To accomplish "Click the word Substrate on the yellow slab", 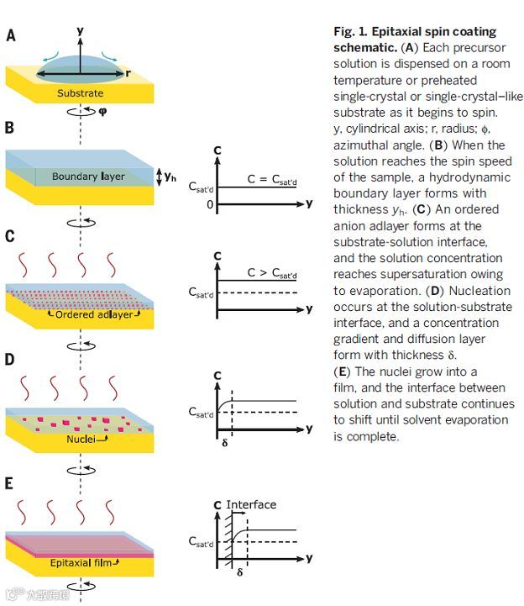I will [x=81, y=92].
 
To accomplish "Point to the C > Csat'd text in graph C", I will [x=272, y=274].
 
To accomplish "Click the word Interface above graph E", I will [x=251, y=504].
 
